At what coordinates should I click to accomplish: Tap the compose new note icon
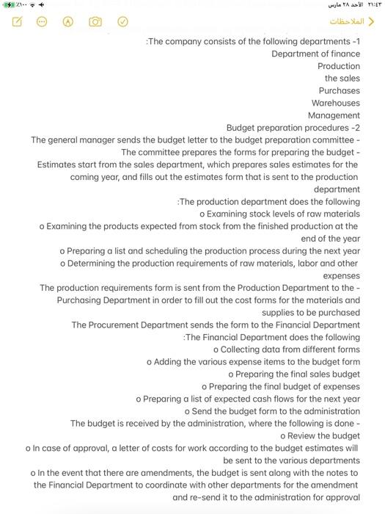(16, 21)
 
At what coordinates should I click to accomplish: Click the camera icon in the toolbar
(95, 21)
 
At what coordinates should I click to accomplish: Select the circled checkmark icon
(122, 21)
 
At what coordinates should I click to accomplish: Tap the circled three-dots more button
(42, 21)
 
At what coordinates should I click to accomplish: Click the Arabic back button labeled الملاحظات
(351, 21)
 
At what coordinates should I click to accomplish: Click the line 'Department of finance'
(315, 54)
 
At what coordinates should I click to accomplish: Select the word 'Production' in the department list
(338, 66)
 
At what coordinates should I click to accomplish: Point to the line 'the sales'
(342, 79)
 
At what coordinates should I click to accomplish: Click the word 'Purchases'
(339, 91)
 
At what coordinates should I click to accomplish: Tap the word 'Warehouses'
(335, 104)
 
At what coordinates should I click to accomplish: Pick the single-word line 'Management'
(334, 116)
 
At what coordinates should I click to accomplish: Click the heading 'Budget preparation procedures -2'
(293, 128)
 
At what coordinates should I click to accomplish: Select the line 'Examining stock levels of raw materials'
(279, 214)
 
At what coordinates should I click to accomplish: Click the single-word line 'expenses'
(341, 275)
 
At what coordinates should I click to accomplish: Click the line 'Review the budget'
(320, 436)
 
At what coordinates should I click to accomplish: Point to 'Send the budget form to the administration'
(272, 411)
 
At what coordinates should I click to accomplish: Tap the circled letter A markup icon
(68, 21)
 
